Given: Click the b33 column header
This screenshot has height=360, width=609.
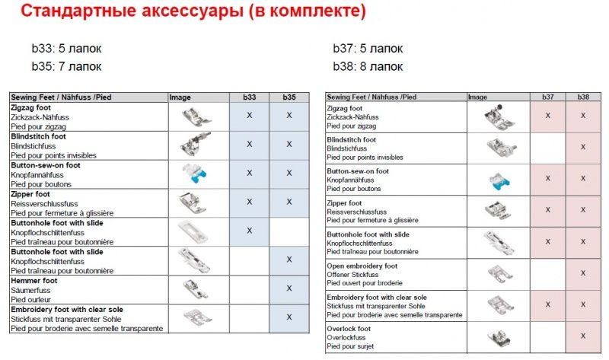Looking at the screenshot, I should tap(249, 97).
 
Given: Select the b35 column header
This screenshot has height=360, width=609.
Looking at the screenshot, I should tap(289, 97).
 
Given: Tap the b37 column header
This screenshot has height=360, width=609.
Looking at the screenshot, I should tap(547, 97).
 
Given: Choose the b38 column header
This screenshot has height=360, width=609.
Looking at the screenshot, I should tap(583, 97).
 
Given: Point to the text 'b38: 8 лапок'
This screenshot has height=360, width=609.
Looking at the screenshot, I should tap(368, 67).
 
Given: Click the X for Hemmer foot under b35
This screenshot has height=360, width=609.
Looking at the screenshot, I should tap(289, 288).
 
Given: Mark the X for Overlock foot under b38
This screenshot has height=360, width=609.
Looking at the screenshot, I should tap(583, 336).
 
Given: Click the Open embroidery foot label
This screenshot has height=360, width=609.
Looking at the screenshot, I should tap(362, 266).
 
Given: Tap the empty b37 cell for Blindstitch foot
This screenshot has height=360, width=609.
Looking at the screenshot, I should tap(547, 148).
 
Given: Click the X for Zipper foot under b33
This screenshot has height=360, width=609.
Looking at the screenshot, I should tap(249, 202).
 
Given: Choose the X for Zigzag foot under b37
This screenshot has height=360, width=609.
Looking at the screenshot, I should tap(547, 116).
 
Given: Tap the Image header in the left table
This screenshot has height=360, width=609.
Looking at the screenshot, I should tap(180, 97).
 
